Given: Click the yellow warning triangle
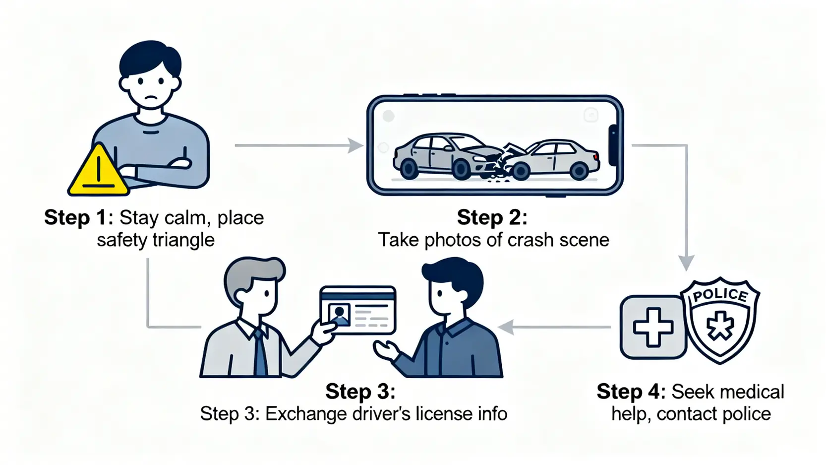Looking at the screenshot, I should (98, 172).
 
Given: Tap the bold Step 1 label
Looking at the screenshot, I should (78, 217).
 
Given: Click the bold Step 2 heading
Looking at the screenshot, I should (491, 217).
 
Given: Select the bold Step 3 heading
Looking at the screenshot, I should (360, 392).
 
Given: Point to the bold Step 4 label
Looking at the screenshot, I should (631, 392).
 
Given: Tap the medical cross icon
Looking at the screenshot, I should (653, 327).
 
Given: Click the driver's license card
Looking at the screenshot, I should (358, 310).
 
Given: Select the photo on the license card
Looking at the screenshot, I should (339, 314).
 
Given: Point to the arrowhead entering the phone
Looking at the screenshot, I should (355, 145).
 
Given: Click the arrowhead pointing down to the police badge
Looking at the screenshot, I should (686, 263).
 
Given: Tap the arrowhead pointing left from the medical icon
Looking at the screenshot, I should (505, 327).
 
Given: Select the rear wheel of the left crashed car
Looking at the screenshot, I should (409, 169).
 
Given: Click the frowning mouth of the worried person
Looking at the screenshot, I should (151, 100).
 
